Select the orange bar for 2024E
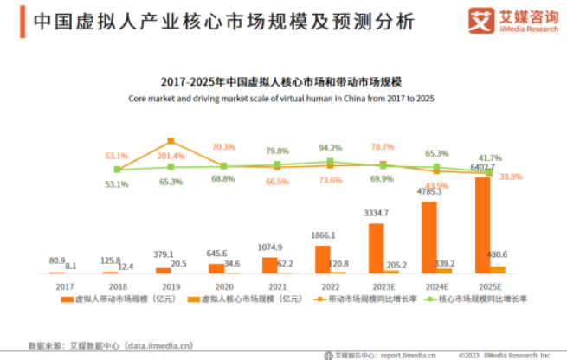click(x=429, y=238)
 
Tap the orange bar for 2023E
click(x=376, y=248)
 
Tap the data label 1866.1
click(x=323, y=235)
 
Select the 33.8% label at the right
click(x=511, y=177)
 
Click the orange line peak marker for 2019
click(x=171, y=140)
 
